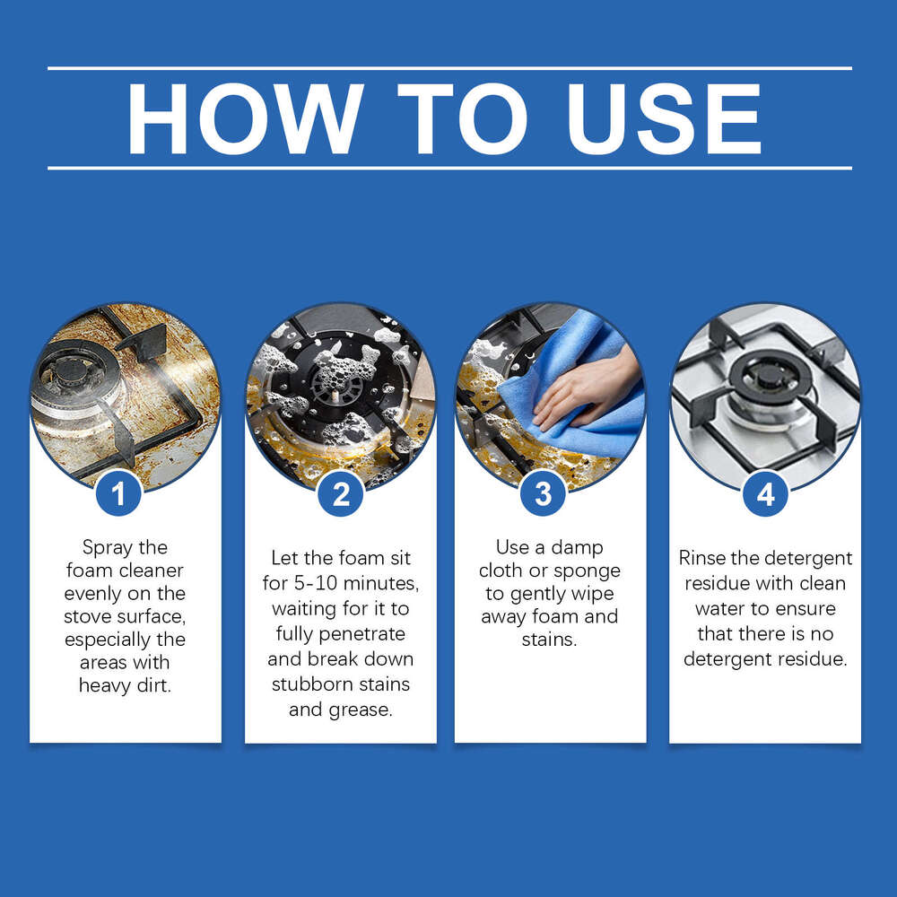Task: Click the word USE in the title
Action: tap(664, 118)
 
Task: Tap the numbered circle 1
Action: tap(118, 493)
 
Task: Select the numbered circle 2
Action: tap(340, 493)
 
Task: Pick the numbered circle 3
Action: tap(543, 493)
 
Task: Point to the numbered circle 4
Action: tap(765, 493)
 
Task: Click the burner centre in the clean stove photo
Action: tap(765, 377)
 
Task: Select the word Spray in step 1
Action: tap(107, 548)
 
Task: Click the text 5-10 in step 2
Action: tap(317, 583)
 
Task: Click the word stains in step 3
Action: tap(549, 640)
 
